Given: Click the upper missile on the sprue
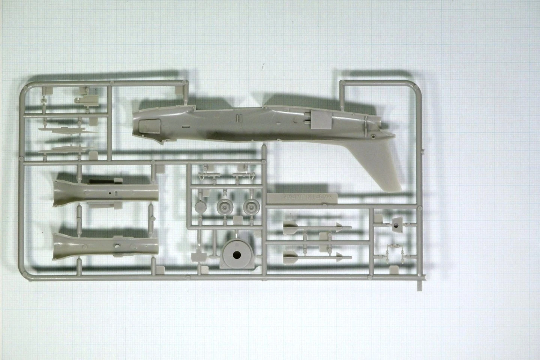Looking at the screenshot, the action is pyautogui.click(x=315, y=227).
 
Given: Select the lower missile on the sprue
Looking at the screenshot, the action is pyautogui.click(x=315, y=257).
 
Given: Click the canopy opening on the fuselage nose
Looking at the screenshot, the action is pyautogui.click(x=147, y=125).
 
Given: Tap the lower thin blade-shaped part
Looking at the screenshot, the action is pyautogui.click(x=67, y=149).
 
